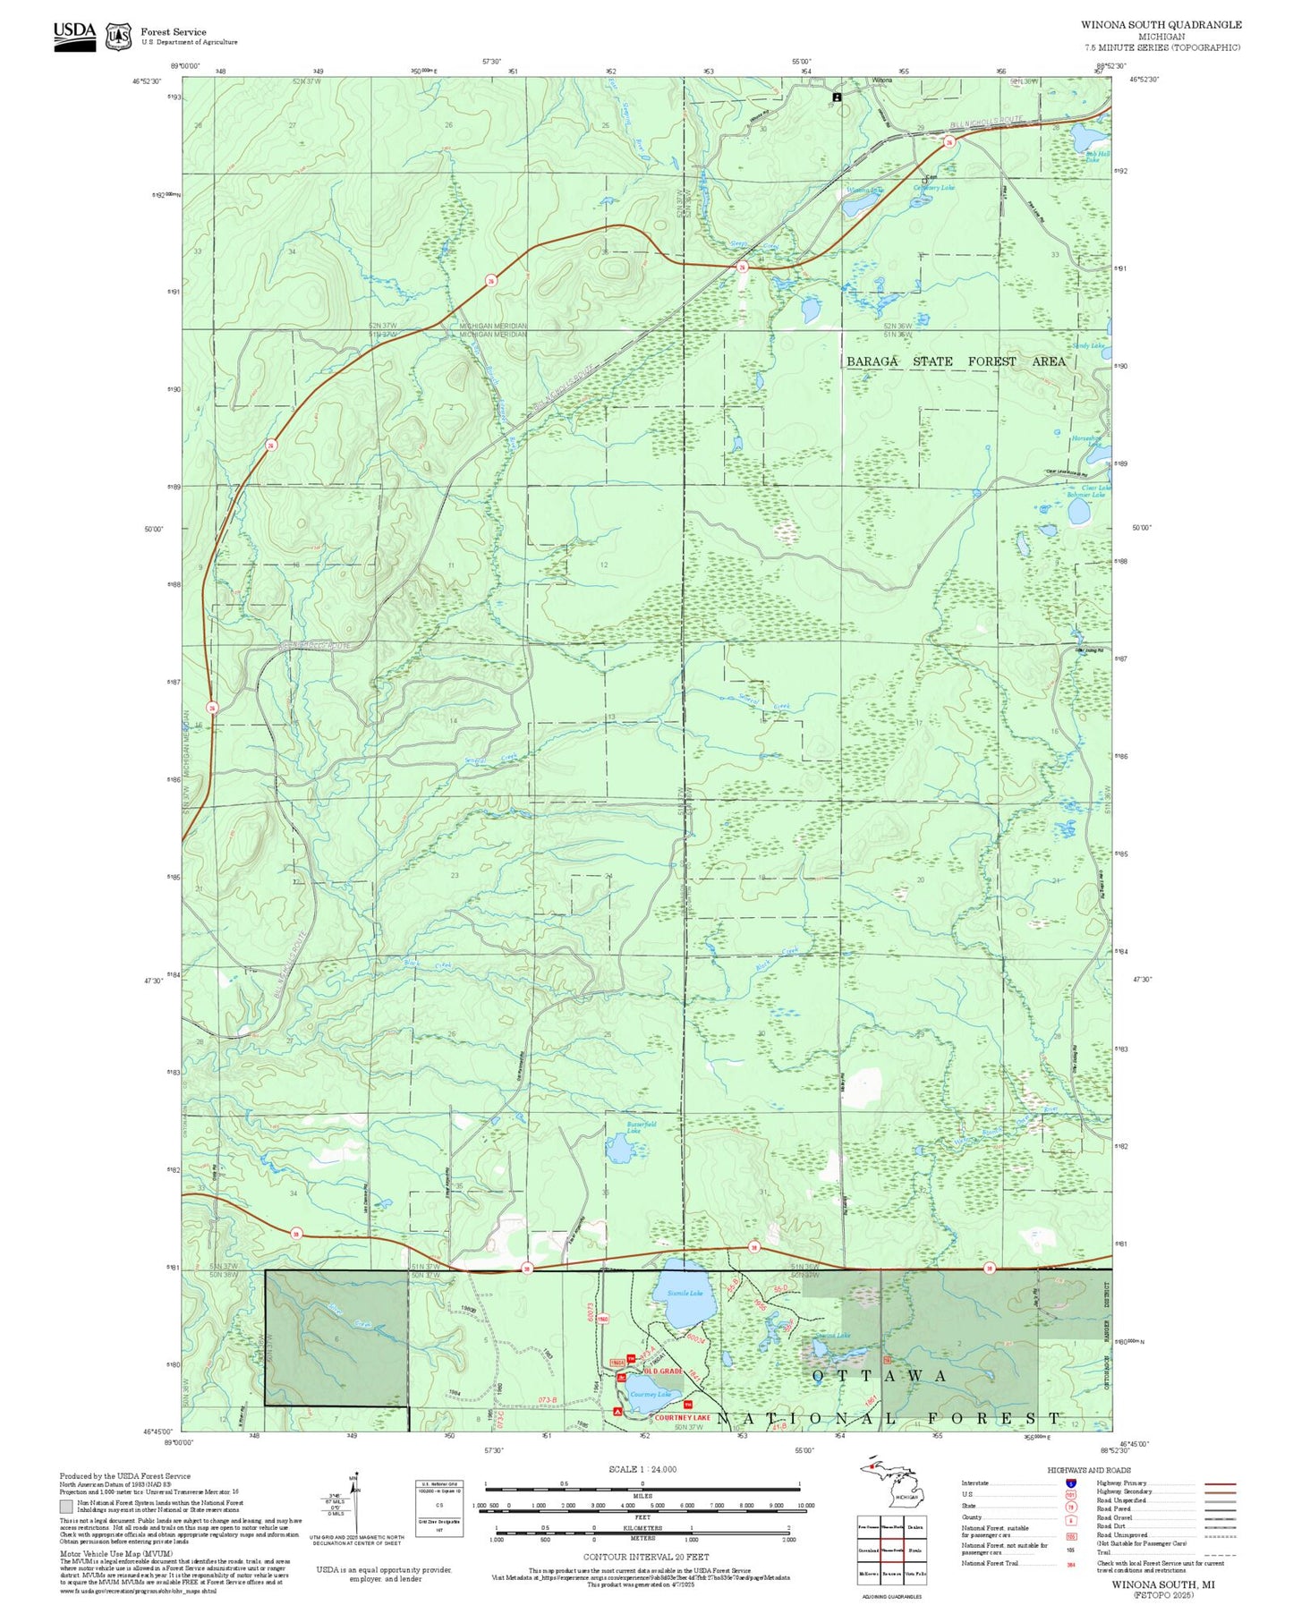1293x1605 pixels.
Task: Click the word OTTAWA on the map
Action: (878, 1376)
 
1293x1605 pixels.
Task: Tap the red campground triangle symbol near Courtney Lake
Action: (617, 1411)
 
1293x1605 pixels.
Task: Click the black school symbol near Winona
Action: (838, 96)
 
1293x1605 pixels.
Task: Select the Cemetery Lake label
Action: (934, 188)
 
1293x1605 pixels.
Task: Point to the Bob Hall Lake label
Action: (1097, 157)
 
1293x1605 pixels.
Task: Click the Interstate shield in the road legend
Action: (1071, 1482)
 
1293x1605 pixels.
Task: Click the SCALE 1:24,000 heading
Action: (642, 1469)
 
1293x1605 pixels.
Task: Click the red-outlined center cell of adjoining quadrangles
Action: (892, 1550)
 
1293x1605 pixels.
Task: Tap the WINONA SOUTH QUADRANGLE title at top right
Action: (1161, 25)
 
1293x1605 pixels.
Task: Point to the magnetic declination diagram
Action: (355, 1504)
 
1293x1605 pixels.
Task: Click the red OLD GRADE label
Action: (662, 1371)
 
